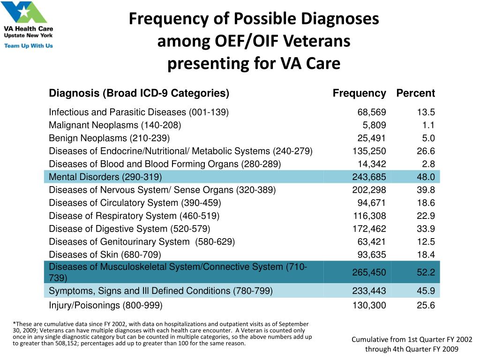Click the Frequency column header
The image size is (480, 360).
359,93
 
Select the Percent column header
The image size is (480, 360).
415,93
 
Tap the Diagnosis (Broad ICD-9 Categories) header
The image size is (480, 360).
139,93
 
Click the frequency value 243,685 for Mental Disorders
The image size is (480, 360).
369,177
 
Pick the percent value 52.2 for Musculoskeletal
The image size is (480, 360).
426,272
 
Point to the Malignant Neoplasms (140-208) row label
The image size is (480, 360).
115,125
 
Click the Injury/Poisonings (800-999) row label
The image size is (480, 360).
105,306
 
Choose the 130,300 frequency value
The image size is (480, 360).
369,306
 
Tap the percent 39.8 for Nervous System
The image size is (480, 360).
426,190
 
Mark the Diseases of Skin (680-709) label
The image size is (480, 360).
105,255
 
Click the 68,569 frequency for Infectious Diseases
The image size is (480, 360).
372,112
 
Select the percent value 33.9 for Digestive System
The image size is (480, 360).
426,229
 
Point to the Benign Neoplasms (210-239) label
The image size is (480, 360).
109,138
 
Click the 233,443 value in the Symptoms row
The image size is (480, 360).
369,291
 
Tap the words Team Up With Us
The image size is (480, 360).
28,46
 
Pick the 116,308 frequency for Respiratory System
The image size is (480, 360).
369,216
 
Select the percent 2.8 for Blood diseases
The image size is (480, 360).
428,164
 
